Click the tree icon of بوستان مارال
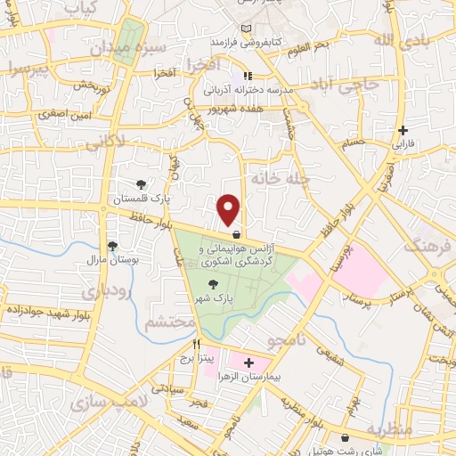[x=113, y=247]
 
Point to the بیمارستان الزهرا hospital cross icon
[x=248, y=363]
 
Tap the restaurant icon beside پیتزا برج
[x=197, y=345]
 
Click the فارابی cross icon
[x=403, y=130]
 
